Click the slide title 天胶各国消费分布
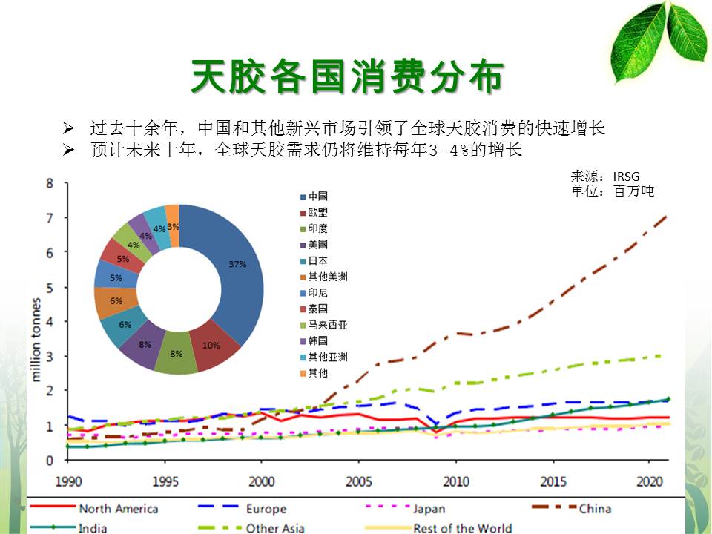(348, 77)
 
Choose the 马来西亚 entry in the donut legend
(327, 324)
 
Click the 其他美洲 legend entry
(327, 277)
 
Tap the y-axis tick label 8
(49, 183)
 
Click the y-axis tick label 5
(49, 287)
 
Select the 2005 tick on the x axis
(359, 481)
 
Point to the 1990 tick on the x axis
(67, 481)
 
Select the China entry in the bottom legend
(594, 508)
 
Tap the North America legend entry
(118, 508)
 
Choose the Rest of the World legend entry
(462, 528)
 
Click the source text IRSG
(626, 177)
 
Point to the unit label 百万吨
(633, 191)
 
